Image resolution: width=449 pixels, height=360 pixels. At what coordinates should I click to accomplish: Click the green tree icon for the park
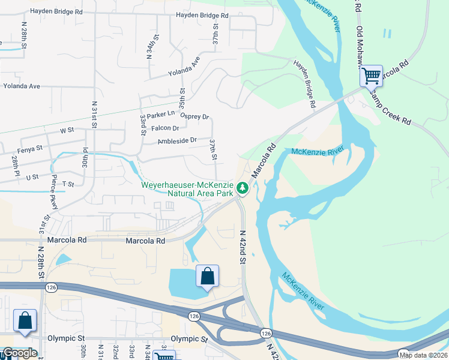pyautogui.click(x=243, y=188)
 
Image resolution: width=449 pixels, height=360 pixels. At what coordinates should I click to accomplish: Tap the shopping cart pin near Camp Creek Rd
pyautogui.click(x=371, y=76)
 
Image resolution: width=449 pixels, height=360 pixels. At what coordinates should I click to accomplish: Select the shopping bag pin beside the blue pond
pyautogui.click(x=207, y=277)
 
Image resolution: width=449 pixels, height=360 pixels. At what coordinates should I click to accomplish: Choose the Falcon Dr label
pyautogui.click(x=165, y=128)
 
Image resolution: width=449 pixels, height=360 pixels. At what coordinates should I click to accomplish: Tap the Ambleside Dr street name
pyautogui.click(x=177, y=140)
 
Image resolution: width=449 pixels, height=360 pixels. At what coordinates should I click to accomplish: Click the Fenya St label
pyautogui.click(x=30, y=148)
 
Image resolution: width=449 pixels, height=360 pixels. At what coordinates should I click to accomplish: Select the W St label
pyautogui.click(x=67, y=130)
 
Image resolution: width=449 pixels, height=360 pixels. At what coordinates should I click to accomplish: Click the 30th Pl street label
pyautogui.click(x=86, y=158)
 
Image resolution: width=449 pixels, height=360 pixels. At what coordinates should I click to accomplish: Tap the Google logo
pyautogui.click(x=19, y=353)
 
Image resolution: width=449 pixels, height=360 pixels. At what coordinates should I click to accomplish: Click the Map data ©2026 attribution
pyautogui.click(x=423, y=355)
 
